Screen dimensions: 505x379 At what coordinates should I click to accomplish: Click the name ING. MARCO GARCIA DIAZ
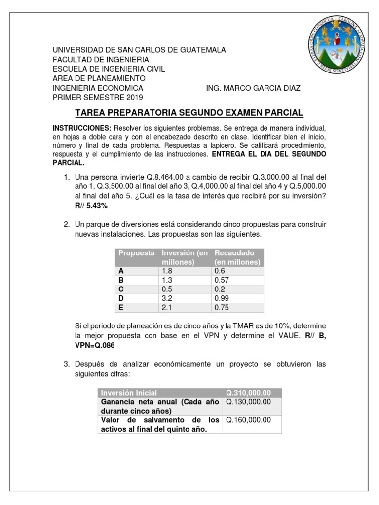point(253,88)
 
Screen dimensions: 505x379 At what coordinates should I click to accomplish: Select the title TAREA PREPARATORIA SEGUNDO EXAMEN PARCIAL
point(189,113)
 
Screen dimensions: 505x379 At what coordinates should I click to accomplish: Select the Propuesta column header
point(136,253)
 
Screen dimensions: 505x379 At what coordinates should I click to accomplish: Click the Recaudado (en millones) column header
point(237,257)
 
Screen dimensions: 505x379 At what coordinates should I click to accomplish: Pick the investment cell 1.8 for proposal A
point(167,271)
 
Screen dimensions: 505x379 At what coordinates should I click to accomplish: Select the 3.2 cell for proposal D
point(167,299)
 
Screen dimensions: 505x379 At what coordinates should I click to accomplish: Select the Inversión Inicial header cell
point(129,393)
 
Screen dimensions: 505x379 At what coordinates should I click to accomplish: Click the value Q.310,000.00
point(249,393)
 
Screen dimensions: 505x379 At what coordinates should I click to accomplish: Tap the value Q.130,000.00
point(249,402)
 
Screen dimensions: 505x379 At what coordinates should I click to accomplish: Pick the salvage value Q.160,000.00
point(249,420)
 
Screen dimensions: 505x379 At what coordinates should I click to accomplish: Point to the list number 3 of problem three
point(66,364)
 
